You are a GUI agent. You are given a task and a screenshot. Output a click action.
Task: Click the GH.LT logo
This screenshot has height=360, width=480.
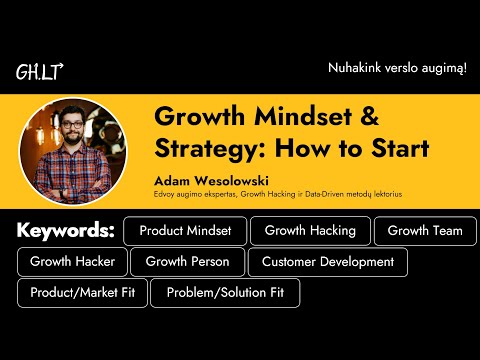39,72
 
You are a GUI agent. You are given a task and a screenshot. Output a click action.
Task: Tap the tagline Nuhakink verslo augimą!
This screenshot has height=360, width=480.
397,68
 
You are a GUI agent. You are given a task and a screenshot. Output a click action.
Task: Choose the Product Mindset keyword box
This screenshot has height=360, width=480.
185,231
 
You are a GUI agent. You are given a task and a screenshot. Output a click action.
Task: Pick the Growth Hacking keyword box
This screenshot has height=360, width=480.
310,231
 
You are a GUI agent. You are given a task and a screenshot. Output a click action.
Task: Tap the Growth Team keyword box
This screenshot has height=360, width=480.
425,231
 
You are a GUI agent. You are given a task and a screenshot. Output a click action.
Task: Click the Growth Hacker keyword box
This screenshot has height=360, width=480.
72,262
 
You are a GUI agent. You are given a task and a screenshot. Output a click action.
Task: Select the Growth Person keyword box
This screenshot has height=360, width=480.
187,262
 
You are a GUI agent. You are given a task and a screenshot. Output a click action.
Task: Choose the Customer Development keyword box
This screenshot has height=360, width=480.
328,262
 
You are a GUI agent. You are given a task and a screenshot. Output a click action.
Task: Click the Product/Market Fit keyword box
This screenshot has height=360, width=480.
82,293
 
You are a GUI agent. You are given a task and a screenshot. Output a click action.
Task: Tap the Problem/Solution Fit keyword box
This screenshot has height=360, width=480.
225,293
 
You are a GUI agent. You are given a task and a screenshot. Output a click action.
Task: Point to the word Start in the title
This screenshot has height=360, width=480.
397,150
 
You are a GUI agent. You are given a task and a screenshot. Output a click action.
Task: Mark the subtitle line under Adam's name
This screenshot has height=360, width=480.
274,195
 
